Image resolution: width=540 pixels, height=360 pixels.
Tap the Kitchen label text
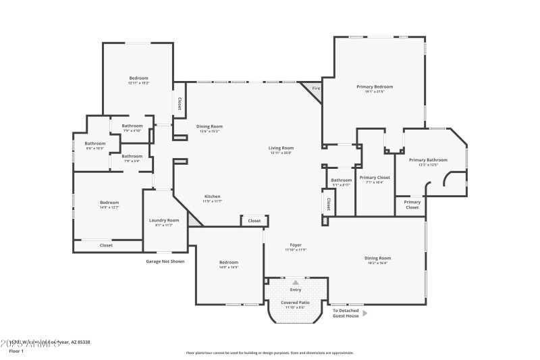click(212, 197)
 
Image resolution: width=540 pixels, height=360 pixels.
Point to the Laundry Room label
click(163, 220)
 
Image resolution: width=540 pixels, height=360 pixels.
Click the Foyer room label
click(296, 245)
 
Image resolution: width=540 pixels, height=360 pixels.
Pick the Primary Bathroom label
click(428, 160)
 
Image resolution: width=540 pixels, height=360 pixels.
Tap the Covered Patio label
click(296, 303)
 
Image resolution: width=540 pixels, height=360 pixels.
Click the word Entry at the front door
click(296, 290)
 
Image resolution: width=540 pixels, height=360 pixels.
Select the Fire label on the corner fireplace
click(315, 88)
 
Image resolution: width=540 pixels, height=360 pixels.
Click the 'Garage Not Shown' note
click(165, 261)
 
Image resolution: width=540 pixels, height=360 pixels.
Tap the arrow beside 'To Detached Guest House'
click(365, 313)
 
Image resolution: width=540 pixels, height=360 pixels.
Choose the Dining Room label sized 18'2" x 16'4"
click(377, 258)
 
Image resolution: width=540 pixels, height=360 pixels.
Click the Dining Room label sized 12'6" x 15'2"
click(209, 126)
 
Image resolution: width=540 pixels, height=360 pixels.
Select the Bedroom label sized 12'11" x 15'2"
click(138, 78)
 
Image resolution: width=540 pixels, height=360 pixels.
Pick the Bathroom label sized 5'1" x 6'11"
click(341, 180)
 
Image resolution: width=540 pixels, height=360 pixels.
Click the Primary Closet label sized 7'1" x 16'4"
click(375, 178)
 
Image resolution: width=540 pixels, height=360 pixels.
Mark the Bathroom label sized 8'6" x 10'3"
click(94, 143)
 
